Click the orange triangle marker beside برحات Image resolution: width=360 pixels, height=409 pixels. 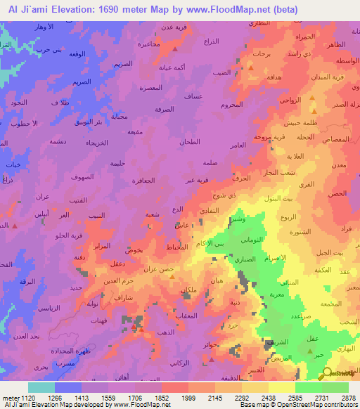click(250, 67)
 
